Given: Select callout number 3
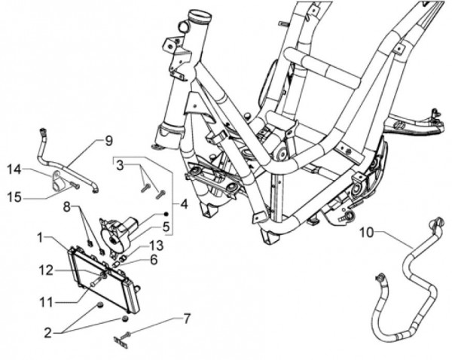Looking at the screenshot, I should [x=120, y=165].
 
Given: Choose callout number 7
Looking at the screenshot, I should [x=187, y=320].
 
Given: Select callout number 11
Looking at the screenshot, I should [x=47, y=302].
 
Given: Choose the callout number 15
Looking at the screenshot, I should [x=14, y=198].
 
